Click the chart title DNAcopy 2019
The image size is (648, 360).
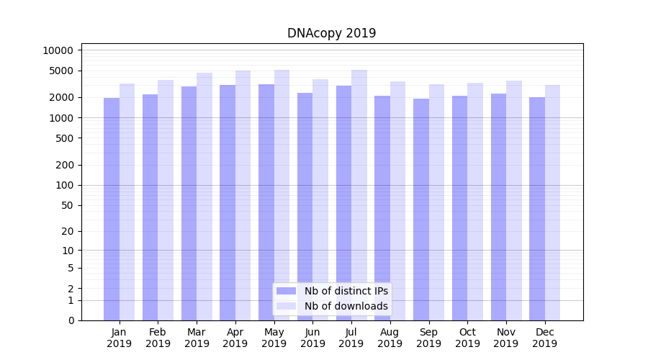331,33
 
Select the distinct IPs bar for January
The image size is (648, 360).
112,209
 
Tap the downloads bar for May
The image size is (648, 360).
282,194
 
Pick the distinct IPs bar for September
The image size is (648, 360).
421,209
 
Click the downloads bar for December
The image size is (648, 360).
552,202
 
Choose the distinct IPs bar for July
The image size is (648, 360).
343,202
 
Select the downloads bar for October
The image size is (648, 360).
475,201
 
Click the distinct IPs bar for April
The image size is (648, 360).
228,202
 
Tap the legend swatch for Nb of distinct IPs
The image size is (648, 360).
287,291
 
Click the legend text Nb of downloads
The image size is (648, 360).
346,306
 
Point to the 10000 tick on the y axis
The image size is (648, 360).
58,50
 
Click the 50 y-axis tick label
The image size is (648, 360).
67,205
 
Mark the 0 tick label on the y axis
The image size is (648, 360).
71,320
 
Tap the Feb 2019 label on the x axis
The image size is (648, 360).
158,338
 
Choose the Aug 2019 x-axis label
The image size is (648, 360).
390,338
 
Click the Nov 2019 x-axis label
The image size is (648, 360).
506,338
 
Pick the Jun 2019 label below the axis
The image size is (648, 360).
312,338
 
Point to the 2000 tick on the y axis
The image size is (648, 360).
61,97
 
